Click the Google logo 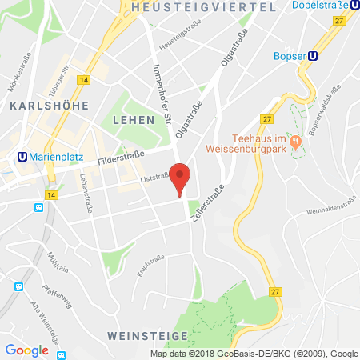pos(26,350)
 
